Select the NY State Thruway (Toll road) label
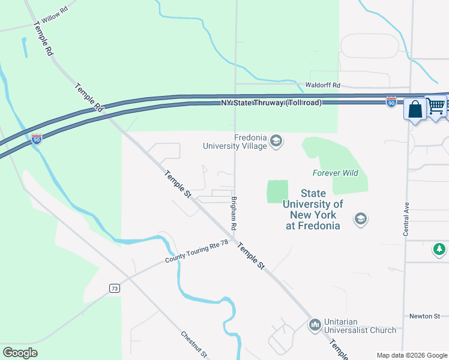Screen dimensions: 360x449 pos(272,103)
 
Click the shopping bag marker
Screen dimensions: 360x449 pos(414,110)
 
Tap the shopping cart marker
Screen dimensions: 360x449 pos(436,106)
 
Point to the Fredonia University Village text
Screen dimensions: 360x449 pos(234,142)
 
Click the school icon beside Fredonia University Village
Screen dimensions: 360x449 pos(276,142)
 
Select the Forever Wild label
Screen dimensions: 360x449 pos(335,173)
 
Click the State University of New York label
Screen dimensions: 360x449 pos(313,209)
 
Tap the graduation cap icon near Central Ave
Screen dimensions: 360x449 pos(360,218)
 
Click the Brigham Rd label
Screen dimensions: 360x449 pos(235,213)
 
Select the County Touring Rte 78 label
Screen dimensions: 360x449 pos(197,254)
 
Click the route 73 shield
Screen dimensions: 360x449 pos(115,289)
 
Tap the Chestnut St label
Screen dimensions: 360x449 pos(194,344)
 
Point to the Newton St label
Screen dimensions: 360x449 pos(425,316)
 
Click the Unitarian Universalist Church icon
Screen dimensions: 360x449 pos(315,325)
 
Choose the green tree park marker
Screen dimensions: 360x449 pos(439,248)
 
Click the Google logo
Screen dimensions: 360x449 pos(20,353)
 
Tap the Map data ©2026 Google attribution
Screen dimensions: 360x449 pos(411,355)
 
